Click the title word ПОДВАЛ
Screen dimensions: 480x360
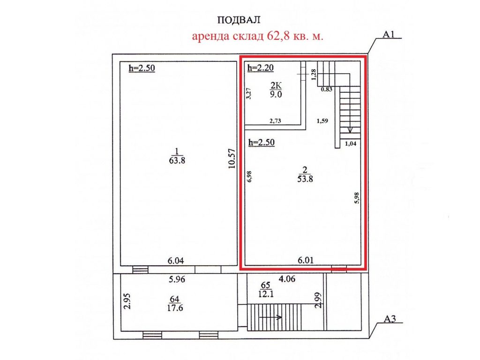[239, 20]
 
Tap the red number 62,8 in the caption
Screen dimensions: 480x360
[279, 36]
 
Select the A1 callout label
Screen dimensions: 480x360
[389, 34]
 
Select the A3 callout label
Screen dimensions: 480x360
[390, 319]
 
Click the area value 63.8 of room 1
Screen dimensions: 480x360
[177, 160]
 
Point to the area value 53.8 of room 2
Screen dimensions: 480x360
[305, 179]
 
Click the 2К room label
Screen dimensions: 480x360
[276, 85]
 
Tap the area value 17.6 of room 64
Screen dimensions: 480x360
[175, 307]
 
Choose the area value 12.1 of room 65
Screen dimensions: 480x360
[266, 294]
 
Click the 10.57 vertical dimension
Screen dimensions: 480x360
[232, 158]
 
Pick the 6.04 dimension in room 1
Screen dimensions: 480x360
[176, 261]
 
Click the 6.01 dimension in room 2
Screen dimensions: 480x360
[306, 260]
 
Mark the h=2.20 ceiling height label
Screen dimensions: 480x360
[261, 67]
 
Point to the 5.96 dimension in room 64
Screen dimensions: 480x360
[177, 279]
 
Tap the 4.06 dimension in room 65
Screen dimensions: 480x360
[287, 279]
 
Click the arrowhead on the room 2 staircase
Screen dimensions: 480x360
[350, 130]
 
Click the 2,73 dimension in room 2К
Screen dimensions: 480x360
[275, 121]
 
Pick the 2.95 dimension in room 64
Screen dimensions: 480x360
[127, 301]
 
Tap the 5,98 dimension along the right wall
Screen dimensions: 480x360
[356, 198]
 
